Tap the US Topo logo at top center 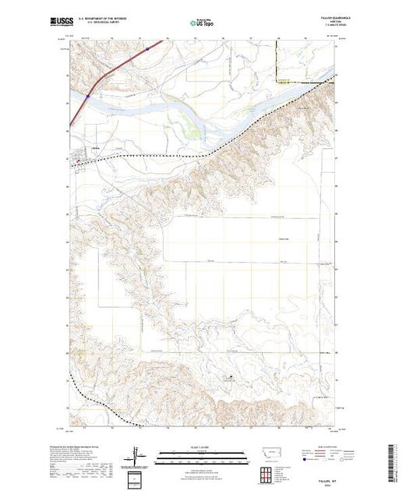pyautogui.click(x=202, y=24)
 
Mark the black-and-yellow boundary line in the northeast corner pyautogui.click(x=304, y=81)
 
